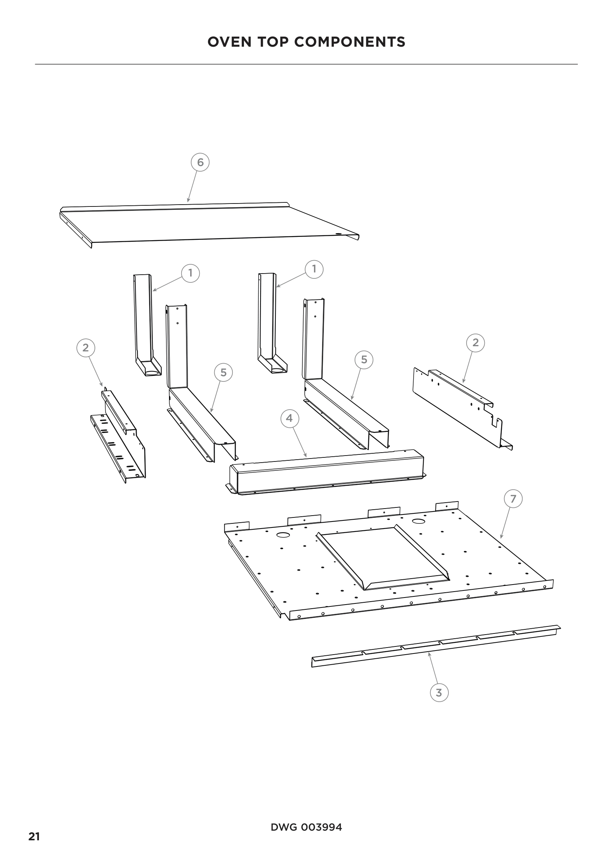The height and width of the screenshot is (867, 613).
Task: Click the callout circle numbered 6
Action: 200,162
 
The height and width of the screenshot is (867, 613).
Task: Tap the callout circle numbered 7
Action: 513,499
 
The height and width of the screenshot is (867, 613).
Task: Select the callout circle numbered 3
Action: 439,692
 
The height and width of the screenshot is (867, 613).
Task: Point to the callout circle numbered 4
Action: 289,418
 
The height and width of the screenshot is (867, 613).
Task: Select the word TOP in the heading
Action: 273,42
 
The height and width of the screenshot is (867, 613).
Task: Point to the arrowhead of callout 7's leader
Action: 501,538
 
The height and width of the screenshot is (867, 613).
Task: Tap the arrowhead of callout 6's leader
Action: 188,202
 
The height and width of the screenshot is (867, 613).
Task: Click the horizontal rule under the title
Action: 306,64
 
